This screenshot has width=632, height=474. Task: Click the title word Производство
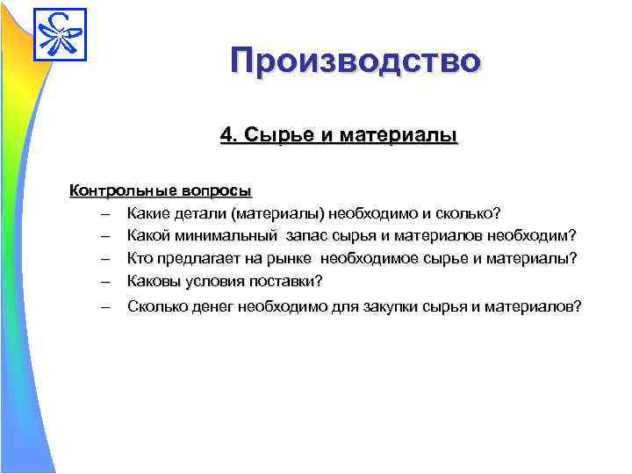[355, 62]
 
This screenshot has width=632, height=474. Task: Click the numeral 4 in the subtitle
[226, 136]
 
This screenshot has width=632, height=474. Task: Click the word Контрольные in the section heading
[124, 190]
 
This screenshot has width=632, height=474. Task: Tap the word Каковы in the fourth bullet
[154, 281]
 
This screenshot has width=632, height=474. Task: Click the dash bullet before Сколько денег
[105, 307]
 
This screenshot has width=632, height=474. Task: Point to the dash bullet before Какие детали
[105, 213]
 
